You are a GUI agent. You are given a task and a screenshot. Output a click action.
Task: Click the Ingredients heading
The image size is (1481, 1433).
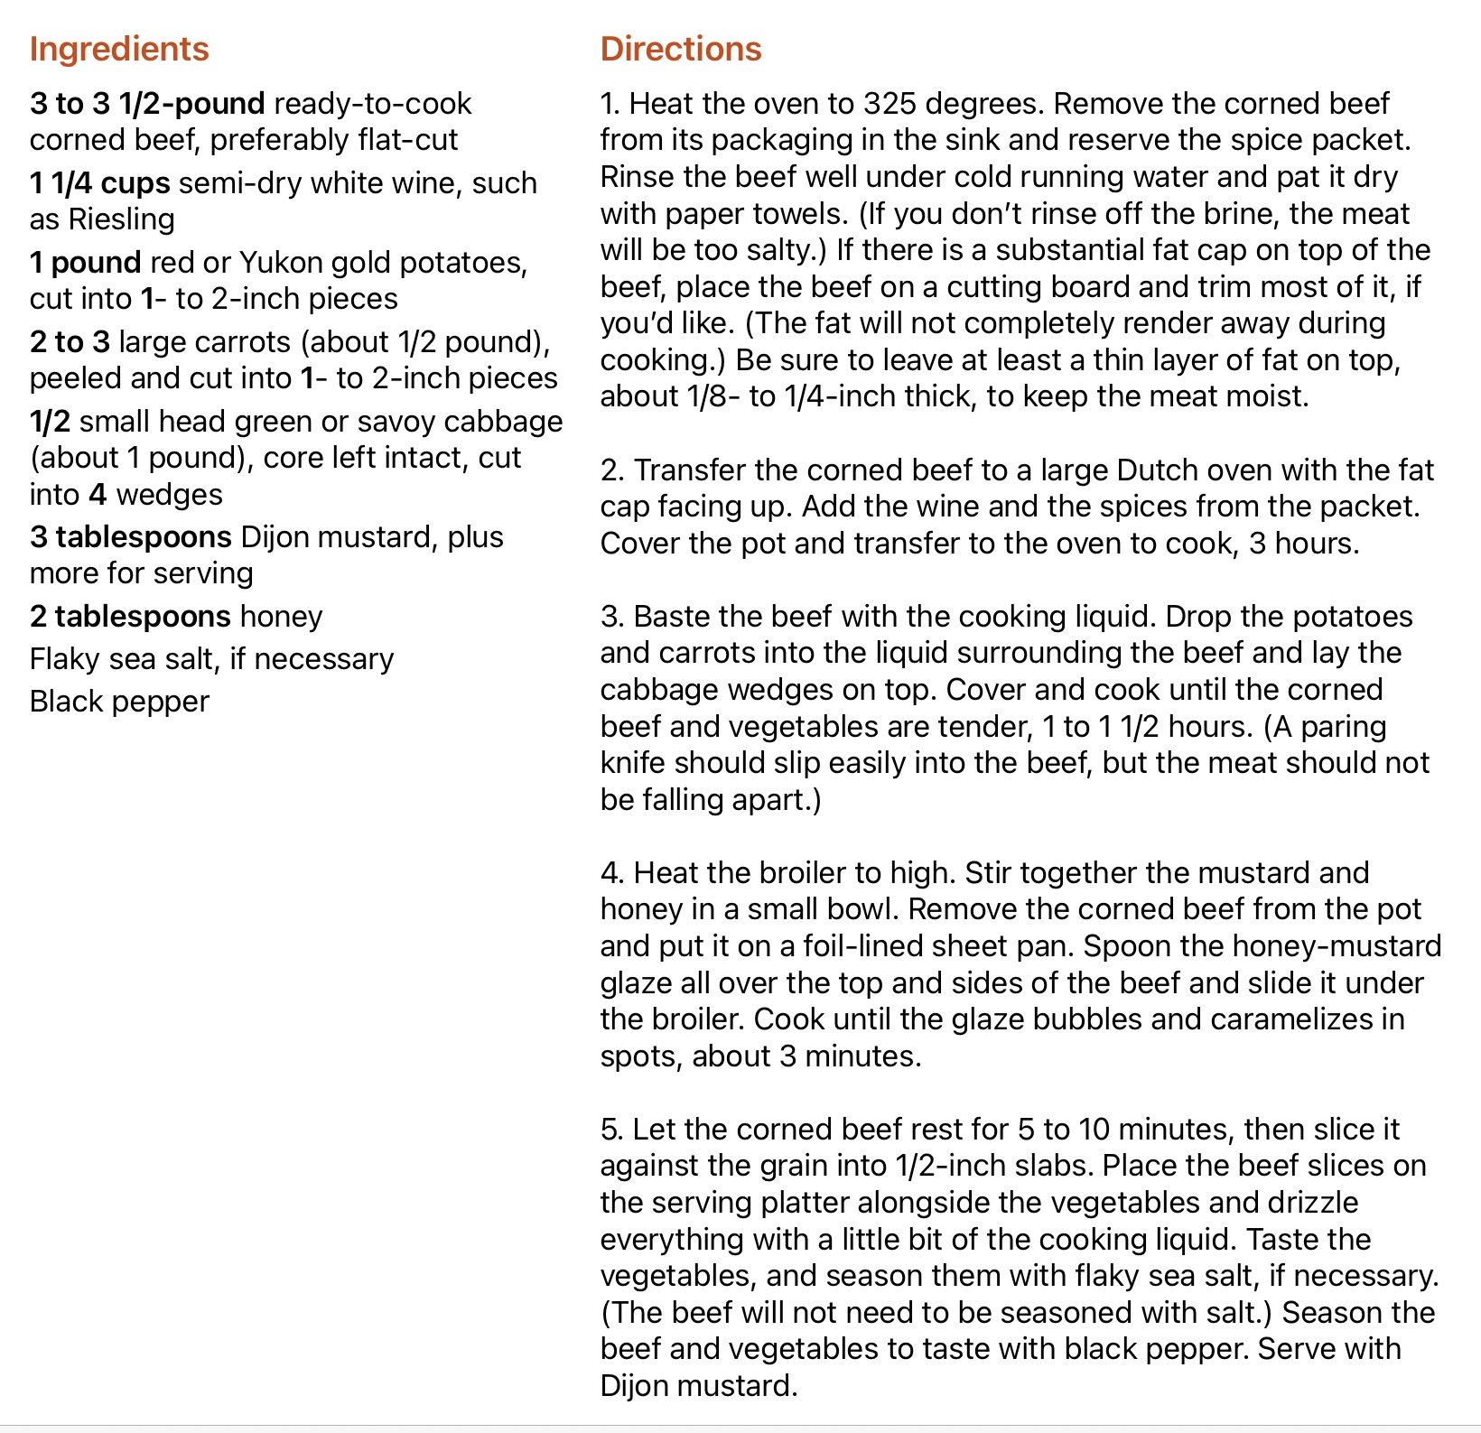119,49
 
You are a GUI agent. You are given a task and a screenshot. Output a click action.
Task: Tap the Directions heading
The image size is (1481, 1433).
681,49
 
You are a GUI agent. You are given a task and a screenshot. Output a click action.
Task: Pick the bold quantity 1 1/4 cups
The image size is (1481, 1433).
99,183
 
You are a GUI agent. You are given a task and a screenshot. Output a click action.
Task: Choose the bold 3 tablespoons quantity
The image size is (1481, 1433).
130,537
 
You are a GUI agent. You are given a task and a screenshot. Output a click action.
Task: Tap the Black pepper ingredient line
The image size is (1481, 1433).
119,702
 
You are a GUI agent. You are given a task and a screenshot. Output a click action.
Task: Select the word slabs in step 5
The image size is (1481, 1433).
1050,1166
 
